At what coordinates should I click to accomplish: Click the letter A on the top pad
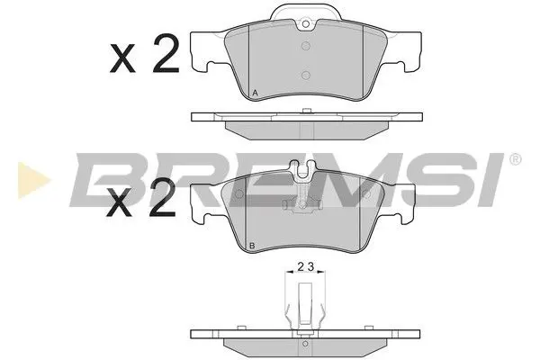point(256,94)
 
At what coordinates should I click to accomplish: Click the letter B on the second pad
point(253,246)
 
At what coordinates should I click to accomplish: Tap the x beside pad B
point(121,205)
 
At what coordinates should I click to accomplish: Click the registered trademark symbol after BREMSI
point(514,160)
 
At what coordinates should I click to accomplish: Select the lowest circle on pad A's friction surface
point(305,75)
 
